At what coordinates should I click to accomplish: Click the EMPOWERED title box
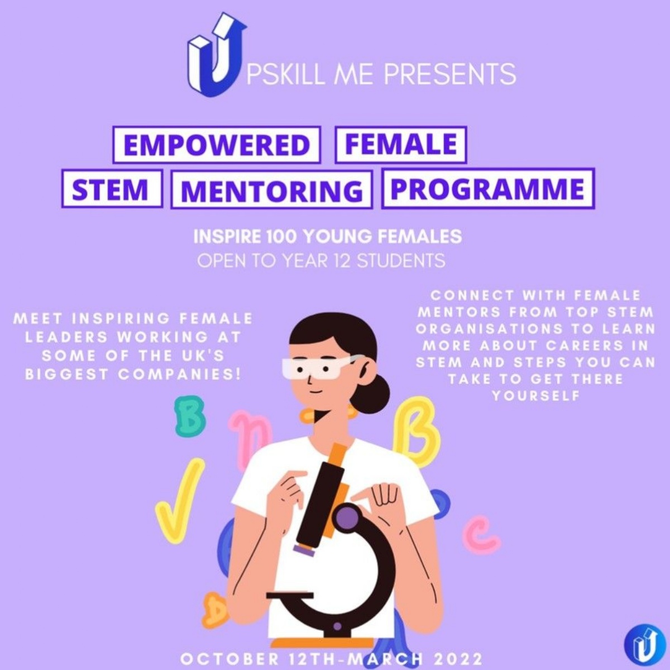pyautogui.click(x=216, y=145)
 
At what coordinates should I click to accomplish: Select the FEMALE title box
pyautogui.click(x=400, y=144)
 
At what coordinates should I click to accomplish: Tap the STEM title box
pyautogui.click(x=112, y=189)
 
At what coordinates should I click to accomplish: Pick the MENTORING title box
pyautogui.click(x=271, y=189)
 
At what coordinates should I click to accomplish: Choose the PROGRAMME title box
pyautogui.click(x=488, y=189)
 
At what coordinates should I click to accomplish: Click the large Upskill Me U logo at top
pyautogui.click(x=217, y=55)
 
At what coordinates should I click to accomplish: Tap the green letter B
pyautogui.click(x=189, y=417)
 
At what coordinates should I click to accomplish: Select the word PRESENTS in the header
pyautogui.click(x=450, y=74)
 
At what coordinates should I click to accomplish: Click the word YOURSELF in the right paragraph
pyautogui.click(x=536, y=396)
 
